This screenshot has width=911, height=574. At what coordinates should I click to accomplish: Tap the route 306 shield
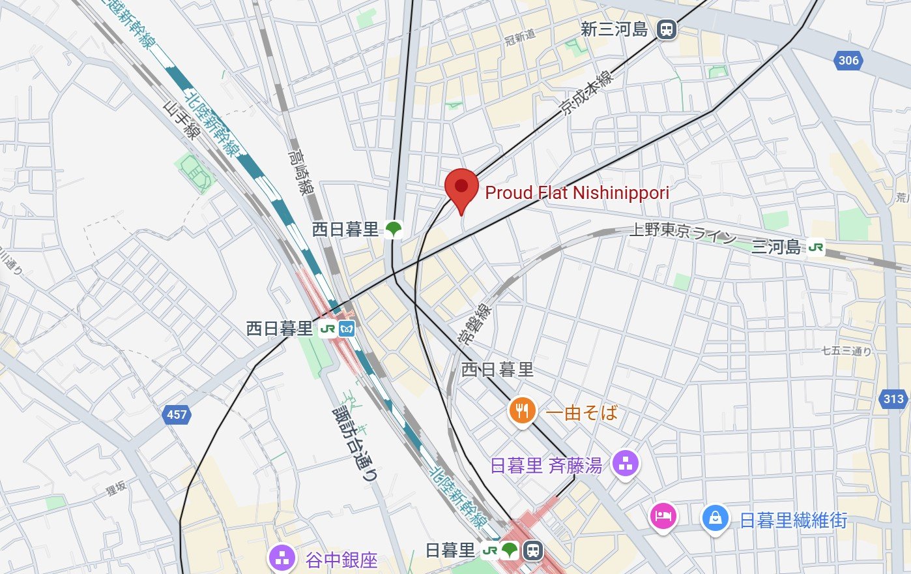(848, 61)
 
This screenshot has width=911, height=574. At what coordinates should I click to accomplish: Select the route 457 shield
(177, 414)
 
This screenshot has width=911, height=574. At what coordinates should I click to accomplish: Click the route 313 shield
(893, 399)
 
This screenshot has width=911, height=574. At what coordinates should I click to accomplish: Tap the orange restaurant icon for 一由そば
(522, 411)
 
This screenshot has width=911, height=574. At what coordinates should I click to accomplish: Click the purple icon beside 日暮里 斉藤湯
(626, 464)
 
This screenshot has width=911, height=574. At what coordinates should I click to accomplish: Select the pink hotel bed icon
(663, 517)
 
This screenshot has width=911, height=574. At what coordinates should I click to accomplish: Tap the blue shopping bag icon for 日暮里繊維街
(715, 519)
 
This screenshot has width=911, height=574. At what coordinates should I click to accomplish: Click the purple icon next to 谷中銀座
(282, 559)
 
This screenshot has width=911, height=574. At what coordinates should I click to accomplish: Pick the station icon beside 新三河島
(666, 29)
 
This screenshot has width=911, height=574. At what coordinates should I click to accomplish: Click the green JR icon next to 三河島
(816, 247)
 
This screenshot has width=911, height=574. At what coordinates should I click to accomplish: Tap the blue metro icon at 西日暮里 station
(347, 329)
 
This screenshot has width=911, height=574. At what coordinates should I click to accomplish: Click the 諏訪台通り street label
(355, 444)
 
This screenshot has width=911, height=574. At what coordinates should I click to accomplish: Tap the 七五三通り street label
(846, 351)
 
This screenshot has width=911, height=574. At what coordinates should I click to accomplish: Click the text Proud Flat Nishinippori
(577, 192)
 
